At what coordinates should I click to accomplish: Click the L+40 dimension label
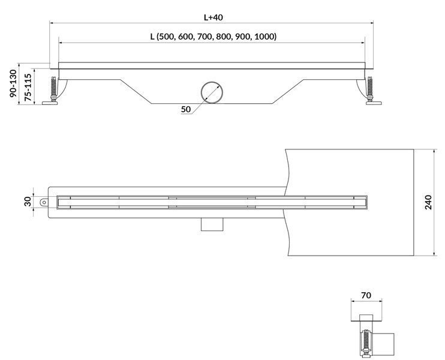(213, 17)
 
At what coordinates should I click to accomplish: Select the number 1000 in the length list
(264, 37)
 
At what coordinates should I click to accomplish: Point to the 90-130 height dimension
(13, 84)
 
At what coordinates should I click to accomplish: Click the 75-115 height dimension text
(28, 88)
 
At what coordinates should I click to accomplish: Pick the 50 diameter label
(186, 109)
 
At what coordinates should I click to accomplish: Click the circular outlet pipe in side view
(212, 92)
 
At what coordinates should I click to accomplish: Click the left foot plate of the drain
(50, 103)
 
